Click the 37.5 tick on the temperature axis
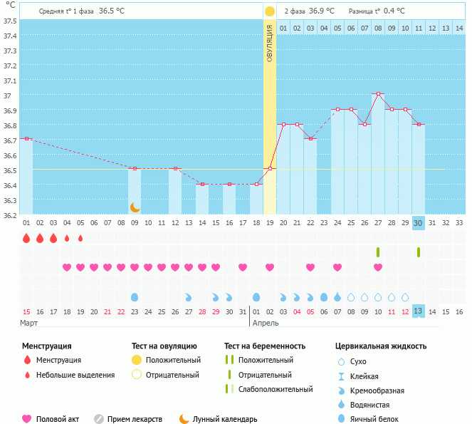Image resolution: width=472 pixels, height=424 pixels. [x=9, y=21]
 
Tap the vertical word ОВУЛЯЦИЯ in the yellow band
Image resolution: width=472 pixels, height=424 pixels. [x=270, y=43]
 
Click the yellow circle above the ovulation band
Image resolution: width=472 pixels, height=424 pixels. [x=270, y=11]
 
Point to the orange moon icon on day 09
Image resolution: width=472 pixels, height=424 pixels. [x=135, y=207]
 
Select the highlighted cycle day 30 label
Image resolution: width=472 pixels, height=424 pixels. [x=419, y=222]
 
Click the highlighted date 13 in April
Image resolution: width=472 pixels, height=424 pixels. [x=419, y=311]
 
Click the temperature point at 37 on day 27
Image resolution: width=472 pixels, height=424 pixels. [x=378, y=94]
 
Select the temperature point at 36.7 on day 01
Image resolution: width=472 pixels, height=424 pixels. [x=26, y=138]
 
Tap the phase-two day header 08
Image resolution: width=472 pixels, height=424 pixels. [x=378, y=28]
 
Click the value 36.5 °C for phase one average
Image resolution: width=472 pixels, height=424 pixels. [x=110, y=11]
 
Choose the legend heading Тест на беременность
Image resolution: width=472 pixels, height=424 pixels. [x=265, y=346]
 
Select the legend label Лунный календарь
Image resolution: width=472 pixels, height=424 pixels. [x=225, y=419]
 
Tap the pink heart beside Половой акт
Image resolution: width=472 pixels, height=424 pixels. [x=27, y=419]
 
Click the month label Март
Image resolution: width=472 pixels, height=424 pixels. [x=28, y=323]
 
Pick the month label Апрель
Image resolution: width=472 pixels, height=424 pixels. [x=266, y=323]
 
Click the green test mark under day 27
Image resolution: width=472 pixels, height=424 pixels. [x=378, y=252]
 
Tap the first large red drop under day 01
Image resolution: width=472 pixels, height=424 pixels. [x=26, y=238]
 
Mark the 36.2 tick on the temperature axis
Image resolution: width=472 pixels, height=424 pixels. [x=9, y=214]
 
